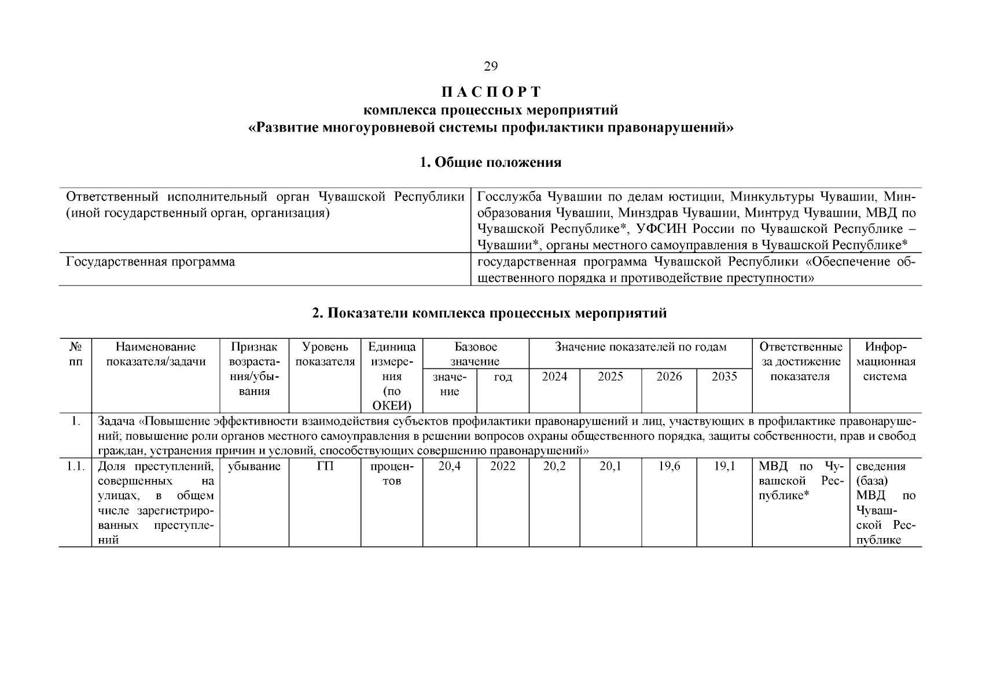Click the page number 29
pyautogui.click(x=490, y=67)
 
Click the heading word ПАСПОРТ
pyautogui.click(x=490, y=92)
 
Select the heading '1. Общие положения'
pyautogui.click(x=490, y=162)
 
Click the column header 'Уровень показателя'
pyautogui.click(x=325, y=354)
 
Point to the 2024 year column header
pyautogui.click(x=554, y=376)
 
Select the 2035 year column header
pyautogui.click(x=724, y=376)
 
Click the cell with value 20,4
pyautogui.click(x=449, y=466)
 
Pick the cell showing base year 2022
pyautogui.click(x=502, y=466)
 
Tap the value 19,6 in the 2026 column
pyautogui.click(x=669, y=466)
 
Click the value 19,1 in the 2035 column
pyautogui.click(x=724, y=466)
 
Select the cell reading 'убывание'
pyautogui.click(x=254, y=466)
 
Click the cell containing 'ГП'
pyautogui.click(x=325, y=466)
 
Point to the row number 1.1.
pyautogui.click(x=75, y=466)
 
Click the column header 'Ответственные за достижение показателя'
pyautogui.click(x=800, y=362)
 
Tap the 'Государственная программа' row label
pyautogui.click(x=150, y=262)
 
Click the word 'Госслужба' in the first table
pyautogui.click(x=510, y=197)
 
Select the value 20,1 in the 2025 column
pyautogui.click(x=610, y=466)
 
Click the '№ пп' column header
pyautogui.click(x=75, y=354)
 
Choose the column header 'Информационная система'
pyautogui.click(x=885, y=362)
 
